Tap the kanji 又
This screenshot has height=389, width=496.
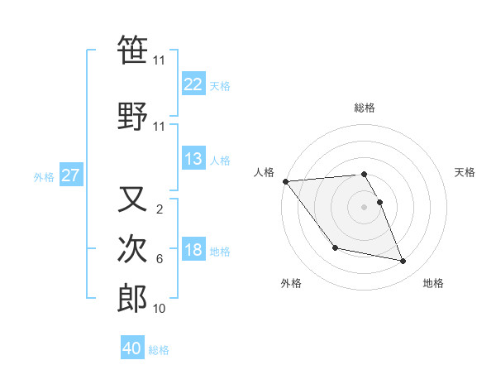132,199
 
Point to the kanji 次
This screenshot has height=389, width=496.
132,249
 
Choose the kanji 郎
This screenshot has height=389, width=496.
132,299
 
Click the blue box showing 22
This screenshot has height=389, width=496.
193,84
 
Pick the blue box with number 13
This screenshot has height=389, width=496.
193,159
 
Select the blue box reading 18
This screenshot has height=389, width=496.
193,250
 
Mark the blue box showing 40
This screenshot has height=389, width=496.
132,348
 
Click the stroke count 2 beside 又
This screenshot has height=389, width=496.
159,209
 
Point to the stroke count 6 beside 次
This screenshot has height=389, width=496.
159,259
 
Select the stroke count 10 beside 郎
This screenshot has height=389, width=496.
159,309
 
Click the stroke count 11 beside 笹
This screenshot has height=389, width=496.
159,60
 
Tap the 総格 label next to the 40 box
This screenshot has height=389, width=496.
159,350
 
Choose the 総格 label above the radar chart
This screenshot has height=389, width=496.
365,108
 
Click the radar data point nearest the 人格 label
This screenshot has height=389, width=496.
286,181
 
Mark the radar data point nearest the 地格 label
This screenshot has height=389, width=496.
403,262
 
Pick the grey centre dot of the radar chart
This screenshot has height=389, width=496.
365,206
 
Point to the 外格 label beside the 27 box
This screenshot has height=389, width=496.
44,176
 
